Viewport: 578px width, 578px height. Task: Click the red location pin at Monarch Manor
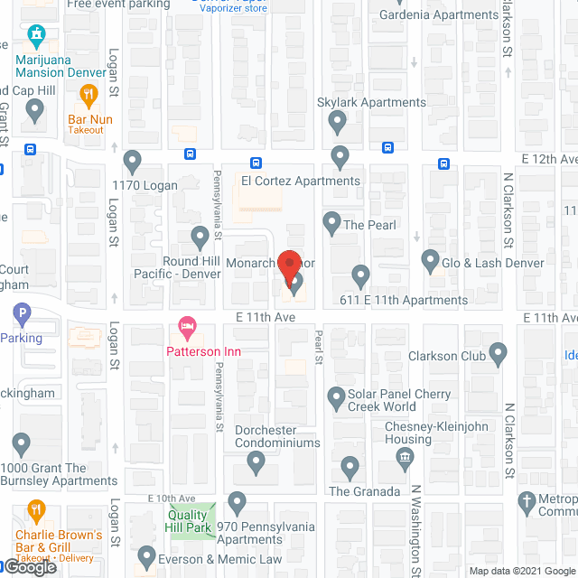tap(288, 267)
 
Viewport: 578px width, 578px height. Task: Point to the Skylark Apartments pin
tap(338, 120)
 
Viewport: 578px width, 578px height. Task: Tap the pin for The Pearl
tap(331, 221)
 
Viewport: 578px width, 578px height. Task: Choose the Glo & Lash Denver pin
tap(430, 260)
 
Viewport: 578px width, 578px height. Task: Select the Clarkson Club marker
tap(500, 356)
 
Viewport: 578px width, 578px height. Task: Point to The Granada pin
tap(351, 467)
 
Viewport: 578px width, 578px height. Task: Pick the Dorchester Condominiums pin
tap(256, 464)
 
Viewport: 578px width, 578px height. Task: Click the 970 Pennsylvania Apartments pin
tap(238, 501)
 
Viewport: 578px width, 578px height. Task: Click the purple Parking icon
tap(23, 314)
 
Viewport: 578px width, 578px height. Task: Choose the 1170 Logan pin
tap(132, 163)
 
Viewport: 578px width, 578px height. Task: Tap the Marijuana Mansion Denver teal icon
tap(36, 37)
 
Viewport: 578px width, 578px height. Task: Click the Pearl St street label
tap(318, 347)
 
